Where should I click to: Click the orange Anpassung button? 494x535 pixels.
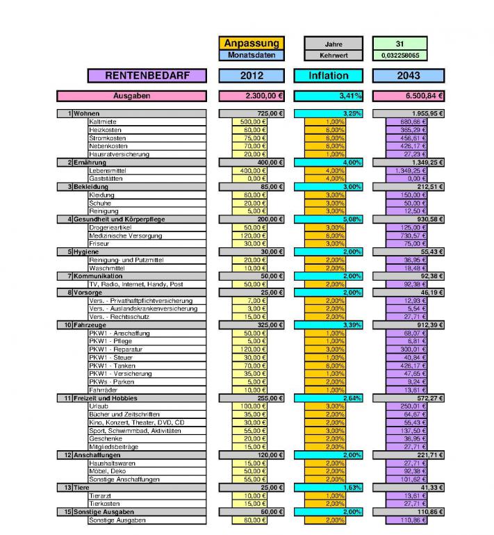coord(252,43)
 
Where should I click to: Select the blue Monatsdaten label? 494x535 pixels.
coord(252,55)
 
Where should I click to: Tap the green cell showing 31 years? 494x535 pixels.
coord(400,43)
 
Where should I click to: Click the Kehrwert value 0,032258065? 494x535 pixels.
coord(400,55)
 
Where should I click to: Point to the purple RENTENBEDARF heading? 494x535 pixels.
coord(147,75)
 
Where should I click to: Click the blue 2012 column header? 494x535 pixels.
coord(252,75)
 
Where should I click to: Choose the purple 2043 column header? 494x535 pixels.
coord(409,75)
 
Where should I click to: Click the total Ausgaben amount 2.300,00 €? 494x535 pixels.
coord(252,96)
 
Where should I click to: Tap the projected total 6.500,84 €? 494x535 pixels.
coord(409,96)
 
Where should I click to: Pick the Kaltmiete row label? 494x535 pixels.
coord(104,122)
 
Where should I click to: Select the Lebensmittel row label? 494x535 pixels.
coord(108,170)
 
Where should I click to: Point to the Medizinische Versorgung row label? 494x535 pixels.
coord(122,236)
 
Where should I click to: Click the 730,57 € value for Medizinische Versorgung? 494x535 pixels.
coord(409,236)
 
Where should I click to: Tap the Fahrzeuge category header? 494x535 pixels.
coord(90,324)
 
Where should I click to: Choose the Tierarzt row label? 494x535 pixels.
coord(101,496)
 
